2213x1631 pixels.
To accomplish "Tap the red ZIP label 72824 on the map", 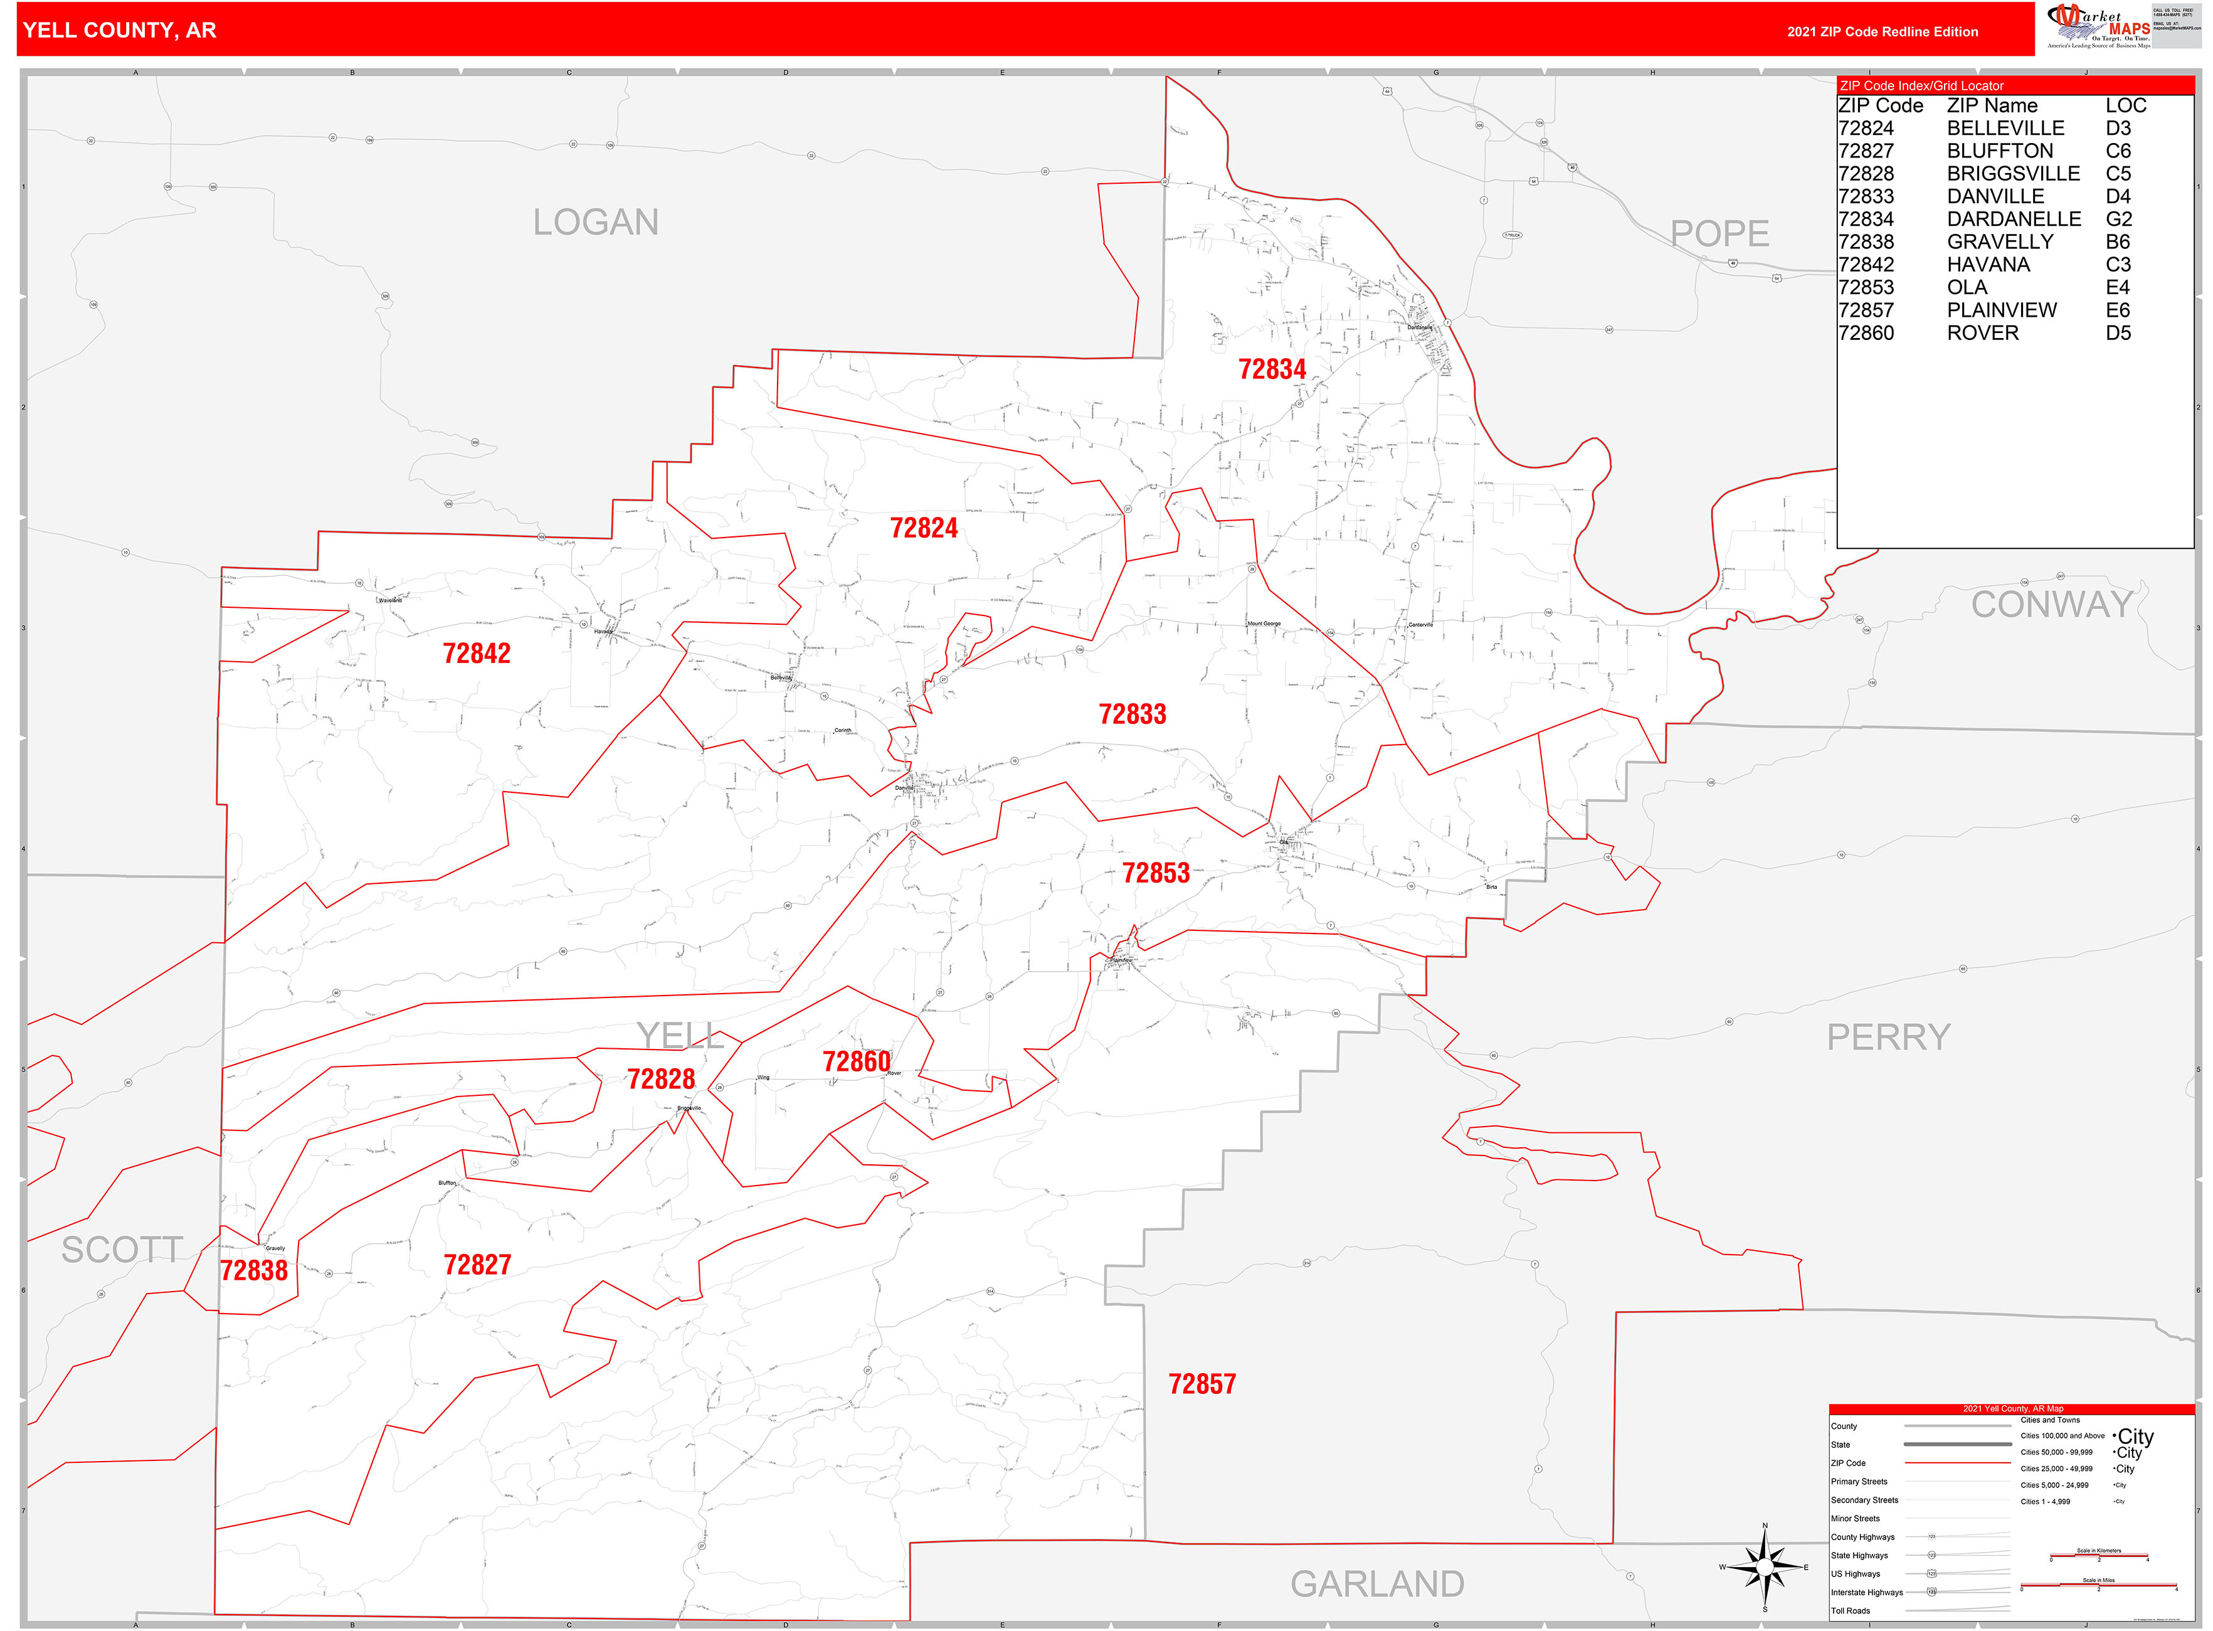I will [x=923, y=528].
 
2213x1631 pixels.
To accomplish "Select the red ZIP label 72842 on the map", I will [x=476, y=654].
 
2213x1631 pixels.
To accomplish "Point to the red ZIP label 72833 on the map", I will [x=1131, y=714].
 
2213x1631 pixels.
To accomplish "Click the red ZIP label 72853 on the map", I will [x=1155, y=873].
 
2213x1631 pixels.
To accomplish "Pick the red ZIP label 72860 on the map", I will [x=856, y=1061].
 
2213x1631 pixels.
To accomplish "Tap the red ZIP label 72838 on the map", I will [x=254, y=1271].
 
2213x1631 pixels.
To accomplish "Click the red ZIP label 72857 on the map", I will [x=1202, y=1384].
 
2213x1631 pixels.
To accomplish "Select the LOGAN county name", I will [x=595, y=222].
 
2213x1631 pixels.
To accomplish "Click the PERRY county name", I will [x=1888, y=1037].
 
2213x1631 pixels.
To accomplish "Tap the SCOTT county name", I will [x=122, y=1250].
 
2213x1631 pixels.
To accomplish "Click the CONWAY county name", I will [x=2051, y=604].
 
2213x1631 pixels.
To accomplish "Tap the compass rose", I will [x=1765, y=1567].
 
